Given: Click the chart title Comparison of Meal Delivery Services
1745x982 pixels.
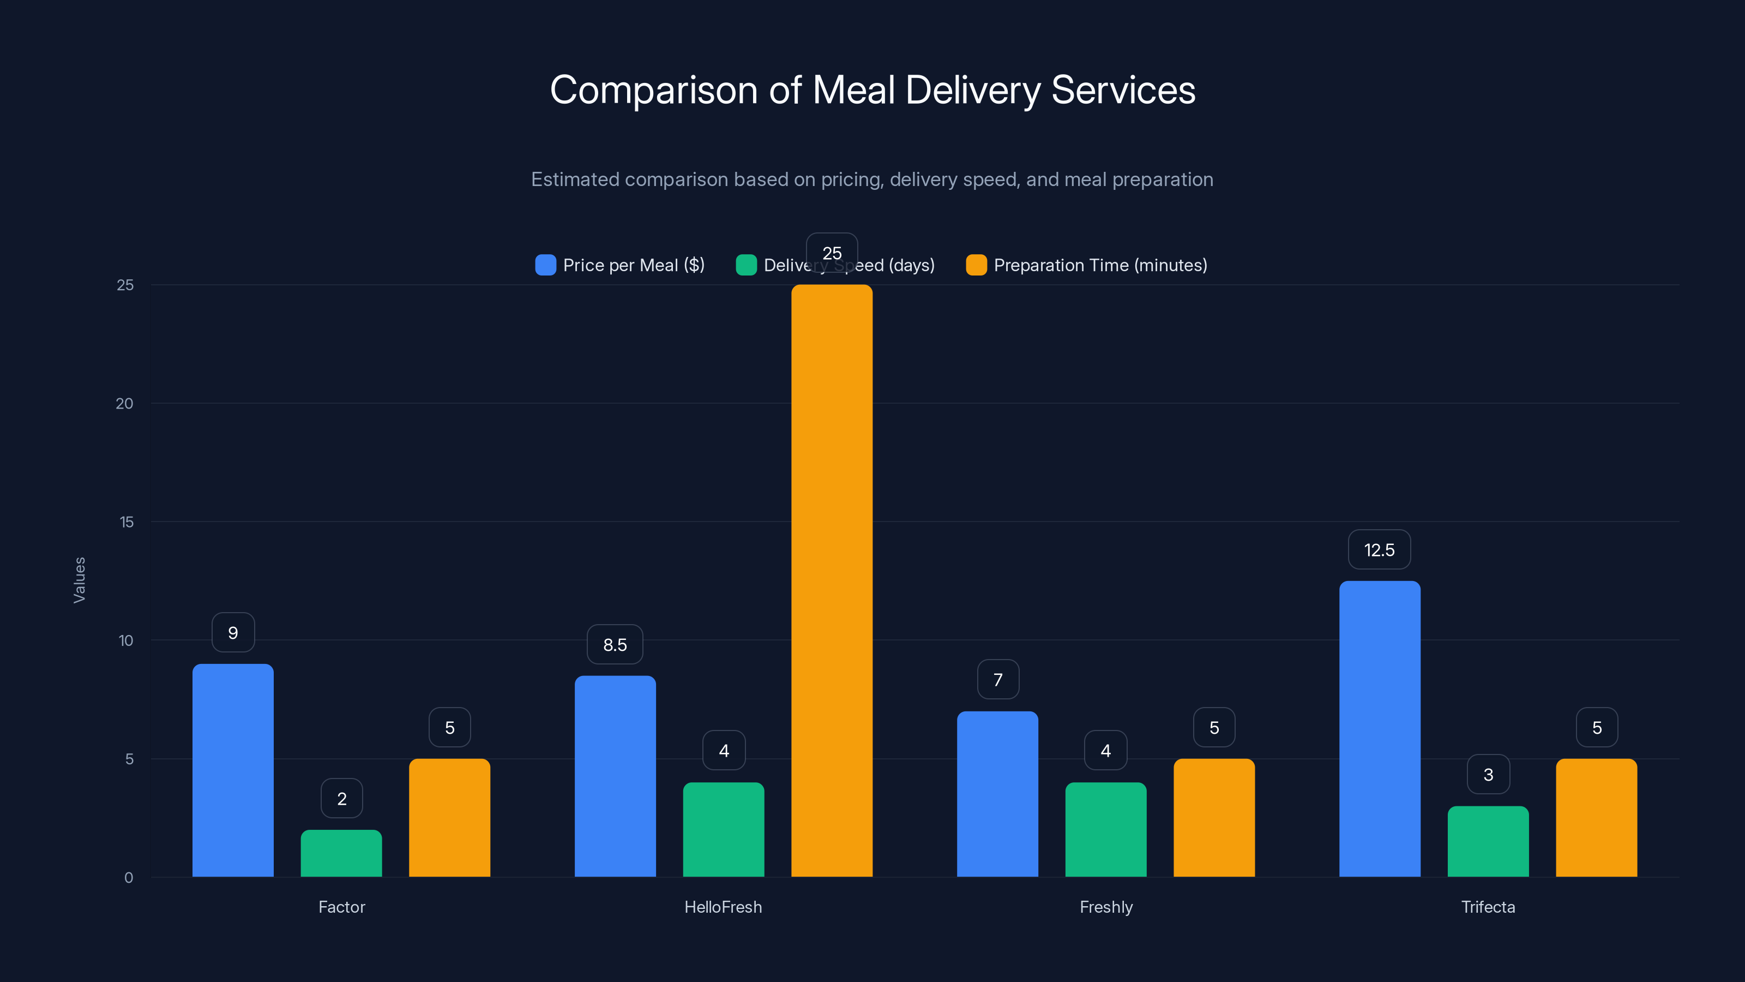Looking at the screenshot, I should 872,90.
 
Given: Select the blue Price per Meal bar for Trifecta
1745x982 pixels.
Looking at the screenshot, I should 1379,728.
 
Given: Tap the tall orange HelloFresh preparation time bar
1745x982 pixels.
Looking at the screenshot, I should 831,580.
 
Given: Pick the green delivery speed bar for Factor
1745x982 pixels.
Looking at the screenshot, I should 341,853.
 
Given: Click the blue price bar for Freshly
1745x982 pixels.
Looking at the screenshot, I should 997,794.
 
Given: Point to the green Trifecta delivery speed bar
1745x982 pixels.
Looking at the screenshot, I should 1488,841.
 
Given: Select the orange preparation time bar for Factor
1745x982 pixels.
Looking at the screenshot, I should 449,817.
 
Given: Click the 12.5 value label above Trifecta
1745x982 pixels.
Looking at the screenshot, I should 1379,549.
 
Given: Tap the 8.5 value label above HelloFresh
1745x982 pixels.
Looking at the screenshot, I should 615,644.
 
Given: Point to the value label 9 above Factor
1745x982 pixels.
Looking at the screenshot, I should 233,632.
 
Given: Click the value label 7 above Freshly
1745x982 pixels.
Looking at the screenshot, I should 998,679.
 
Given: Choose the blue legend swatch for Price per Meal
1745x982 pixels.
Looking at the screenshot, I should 545,265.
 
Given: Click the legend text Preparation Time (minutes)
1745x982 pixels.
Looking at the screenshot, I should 1100,265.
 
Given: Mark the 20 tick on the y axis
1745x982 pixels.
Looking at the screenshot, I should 125,403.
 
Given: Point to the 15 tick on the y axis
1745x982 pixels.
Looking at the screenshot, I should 126,522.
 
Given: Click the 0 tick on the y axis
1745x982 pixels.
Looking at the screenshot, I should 129,878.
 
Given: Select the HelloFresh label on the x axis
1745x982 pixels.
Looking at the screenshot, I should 723,907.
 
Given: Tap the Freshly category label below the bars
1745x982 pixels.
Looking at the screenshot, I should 1105,907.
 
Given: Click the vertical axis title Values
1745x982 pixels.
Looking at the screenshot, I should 79,579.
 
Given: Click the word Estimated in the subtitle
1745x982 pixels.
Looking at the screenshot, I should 574,179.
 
